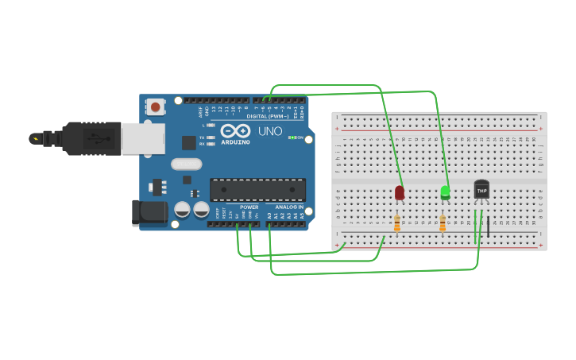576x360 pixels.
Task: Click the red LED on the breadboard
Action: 399,192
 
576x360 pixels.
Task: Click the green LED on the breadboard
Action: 445,192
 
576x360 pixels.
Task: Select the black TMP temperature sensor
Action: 481,189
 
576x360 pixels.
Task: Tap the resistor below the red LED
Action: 397,223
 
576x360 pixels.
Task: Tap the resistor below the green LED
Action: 443,223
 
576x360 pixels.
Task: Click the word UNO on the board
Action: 270,131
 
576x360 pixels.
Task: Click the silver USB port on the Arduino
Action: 143,138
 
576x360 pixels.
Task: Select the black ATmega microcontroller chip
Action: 257,189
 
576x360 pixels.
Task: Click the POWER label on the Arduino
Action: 249,207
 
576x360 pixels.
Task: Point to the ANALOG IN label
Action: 289,207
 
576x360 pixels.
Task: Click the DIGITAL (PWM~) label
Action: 267,116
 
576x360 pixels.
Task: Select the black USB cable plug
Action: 91,138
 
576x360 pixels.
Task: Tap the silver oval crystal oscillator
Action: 187,165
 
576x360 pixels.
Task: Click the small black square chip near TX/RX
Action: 188,142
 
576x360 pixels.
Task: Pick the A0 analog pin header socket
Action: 270,224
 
